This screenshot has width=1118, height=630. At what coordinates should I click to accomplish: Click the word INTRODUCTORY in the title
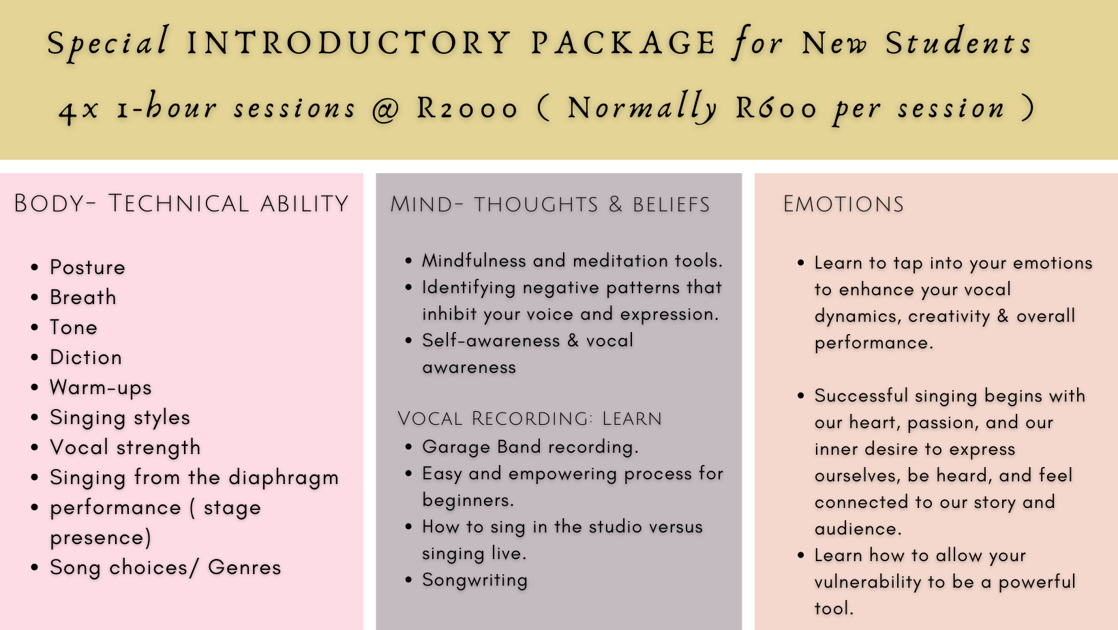pos(348,43)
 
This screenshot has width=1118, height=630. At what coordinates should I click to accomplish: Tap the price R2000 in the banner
pos(468,108)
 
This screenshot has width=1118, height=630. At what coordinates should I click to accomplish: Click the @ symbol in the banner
pos(387,109)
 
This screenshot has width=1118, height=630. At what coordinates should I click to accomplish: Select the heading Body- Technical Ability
pos(181,204)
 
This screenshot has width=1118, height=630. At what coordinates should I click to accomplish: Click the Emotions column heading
pos(843,204)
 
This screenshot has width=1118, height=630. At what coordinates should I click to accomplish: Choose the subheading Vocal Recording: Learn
pos(530,419)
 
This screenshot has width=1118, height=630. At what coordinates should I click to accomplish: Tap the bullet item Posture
pos(87,267)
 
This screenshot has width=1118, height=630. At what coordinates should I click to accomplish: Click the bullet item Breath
pos(83,297)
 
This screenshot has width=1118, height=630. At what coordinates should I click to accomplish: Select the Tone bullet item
pos(74,327)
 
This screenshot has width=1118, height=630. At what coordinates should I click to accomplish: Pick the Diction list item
pos(86,357)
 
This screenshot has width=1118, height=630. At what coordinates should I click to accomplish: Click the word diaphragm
pos(284,478)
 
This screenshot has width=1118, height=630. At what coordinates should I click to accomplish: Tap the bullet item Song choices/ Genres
pos(165,567)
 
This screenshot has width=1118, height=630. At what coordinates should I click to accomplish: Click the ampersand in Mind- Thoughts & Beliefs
pos(616,205)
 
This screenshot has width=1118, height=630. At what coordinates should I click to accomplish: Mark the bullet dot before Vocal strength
pos(35,447)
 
